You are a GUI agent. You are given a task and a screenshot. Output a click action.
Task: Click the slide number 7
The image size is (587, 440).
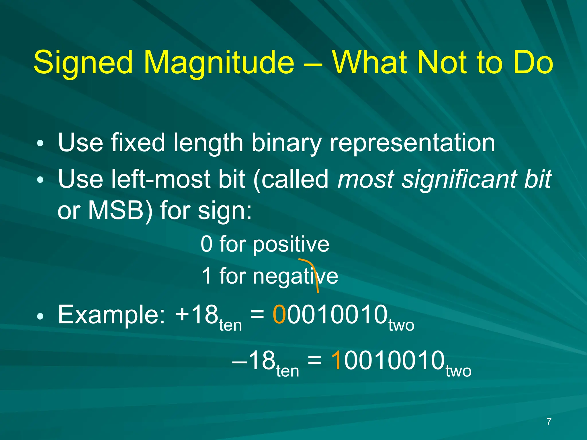coord(549,422)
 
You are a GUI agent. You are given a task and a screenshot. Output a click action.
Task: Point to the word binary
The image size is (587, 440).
coord(286,143)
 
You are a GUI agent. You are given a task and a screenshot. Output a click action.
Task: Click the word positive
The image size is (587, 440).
coord(291,245)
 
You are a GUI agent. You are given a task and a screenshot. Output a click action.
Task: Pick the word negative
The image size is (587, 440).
coord(295,276)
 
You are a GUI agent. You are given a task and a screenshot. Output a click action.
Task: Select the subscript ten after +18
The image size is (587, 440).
coord(230,325)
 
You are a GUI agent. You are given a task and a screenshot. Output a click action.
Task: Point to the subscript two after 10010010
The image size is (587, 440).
coord(458,371)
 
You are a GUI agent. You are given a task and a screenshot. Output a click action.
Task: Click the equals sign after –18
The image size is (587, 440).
coord(314,360)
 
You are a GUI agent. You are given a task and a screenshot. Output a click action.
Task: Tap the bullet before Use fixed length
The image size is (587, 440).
coord(40,143)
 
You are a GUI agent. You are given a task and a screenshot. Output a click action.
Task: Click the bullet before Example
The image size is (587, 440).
coord(40,316)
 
